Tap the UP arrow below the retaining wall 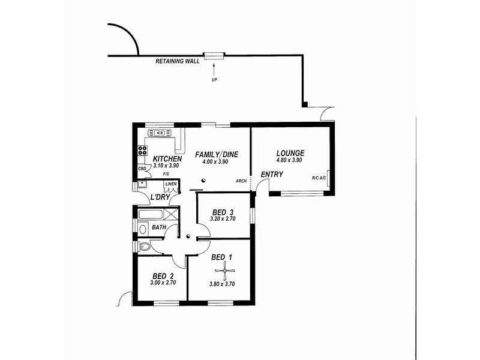[x=214, y=71]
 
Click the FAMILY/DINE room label [x=217, y=155]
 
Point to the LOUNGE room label [x=290, y=153]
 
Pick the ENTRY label [x=272, y=175]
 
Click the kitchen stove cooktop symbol [x=143, y=151]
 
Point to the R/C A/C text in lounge [x=319, y=178]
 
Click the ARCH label [x=241, y=180]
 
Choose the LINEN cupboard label [x=171, y=184]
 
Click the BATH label [x=158, y=228]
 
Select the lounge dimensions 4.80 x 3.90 [x=290, y=160]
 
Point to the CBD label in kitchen [x=142, y=169]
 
